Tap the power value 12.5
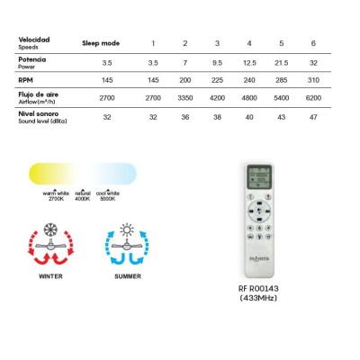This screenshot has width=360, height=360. (247, 63)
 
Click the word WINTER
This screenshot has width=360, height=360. (51, 277)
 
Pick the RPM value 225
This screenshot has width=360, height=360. (216, 78)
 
